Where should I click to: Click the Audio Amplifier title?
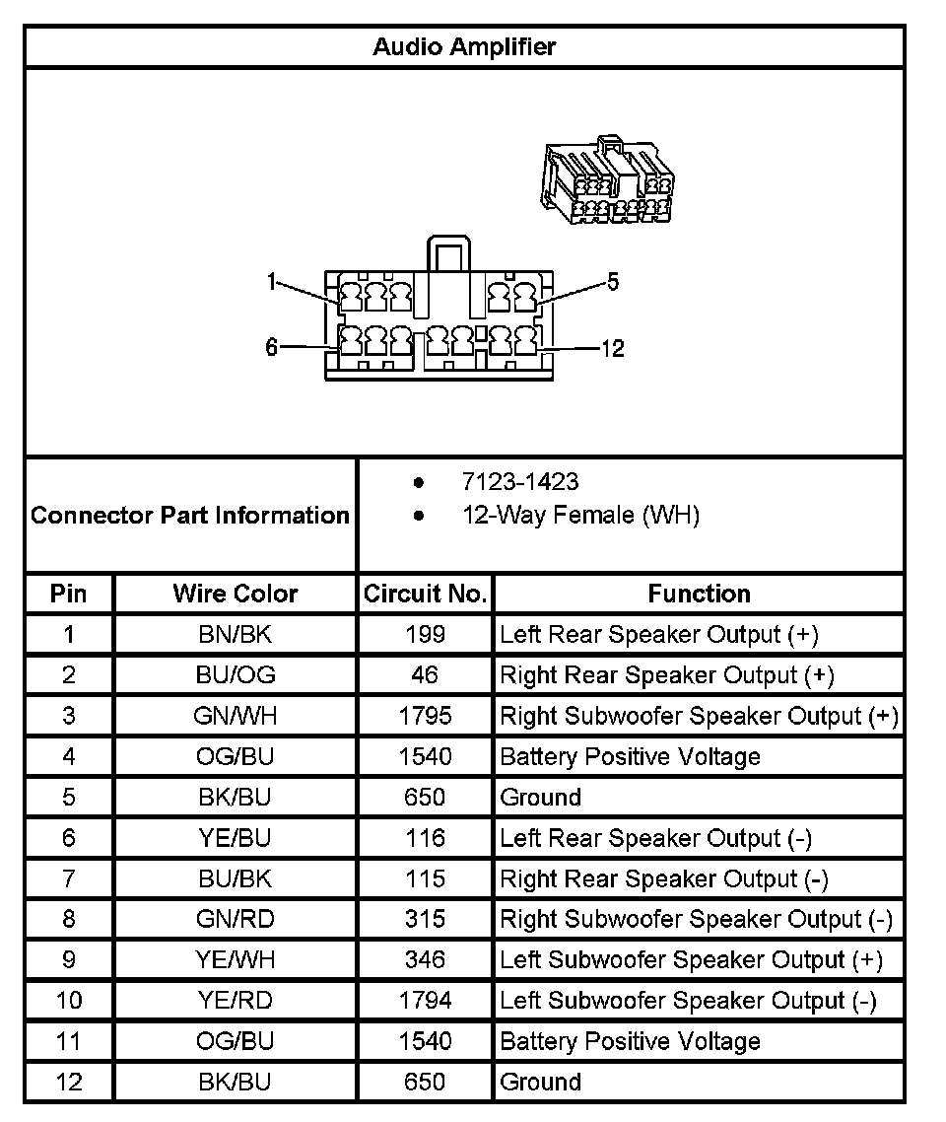tap(464, 46)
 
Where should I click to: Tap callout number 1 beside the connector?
tap(272, 283)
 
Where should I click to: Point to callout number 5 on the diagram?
tap(613, 283)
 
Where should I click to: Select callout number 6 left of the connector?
tap(272, 347)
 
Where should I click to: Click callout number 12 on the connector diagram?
tap(613, 348)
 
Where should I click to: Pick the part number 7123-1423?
tap(520, 482)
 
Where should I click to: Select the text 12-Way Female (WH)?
tap(580, 515)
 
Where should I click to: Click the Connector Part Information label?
tap(190, 515)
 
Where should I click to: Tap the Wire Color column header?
tap(236, 594)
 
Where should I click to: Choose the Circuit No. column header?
tap(426, 594)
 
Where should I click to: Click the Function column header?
tap(699, 594)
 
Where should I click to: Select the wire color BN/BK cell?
tap(236, 634)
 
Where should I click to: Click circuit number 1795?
tap(426, 716)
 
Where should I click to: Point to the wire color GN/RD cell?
tap(236, 919)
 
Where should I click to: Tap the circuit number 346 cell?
tap(426, 959)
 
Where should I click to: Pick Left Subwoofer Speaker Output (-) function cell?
tap(688, 1001)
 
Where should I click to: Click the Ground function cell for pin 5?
tap(541, 797)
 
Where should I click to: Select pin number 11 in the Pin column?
tap(69, 1041)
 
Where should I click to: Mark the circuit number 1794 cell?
tap(426, 1001)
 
